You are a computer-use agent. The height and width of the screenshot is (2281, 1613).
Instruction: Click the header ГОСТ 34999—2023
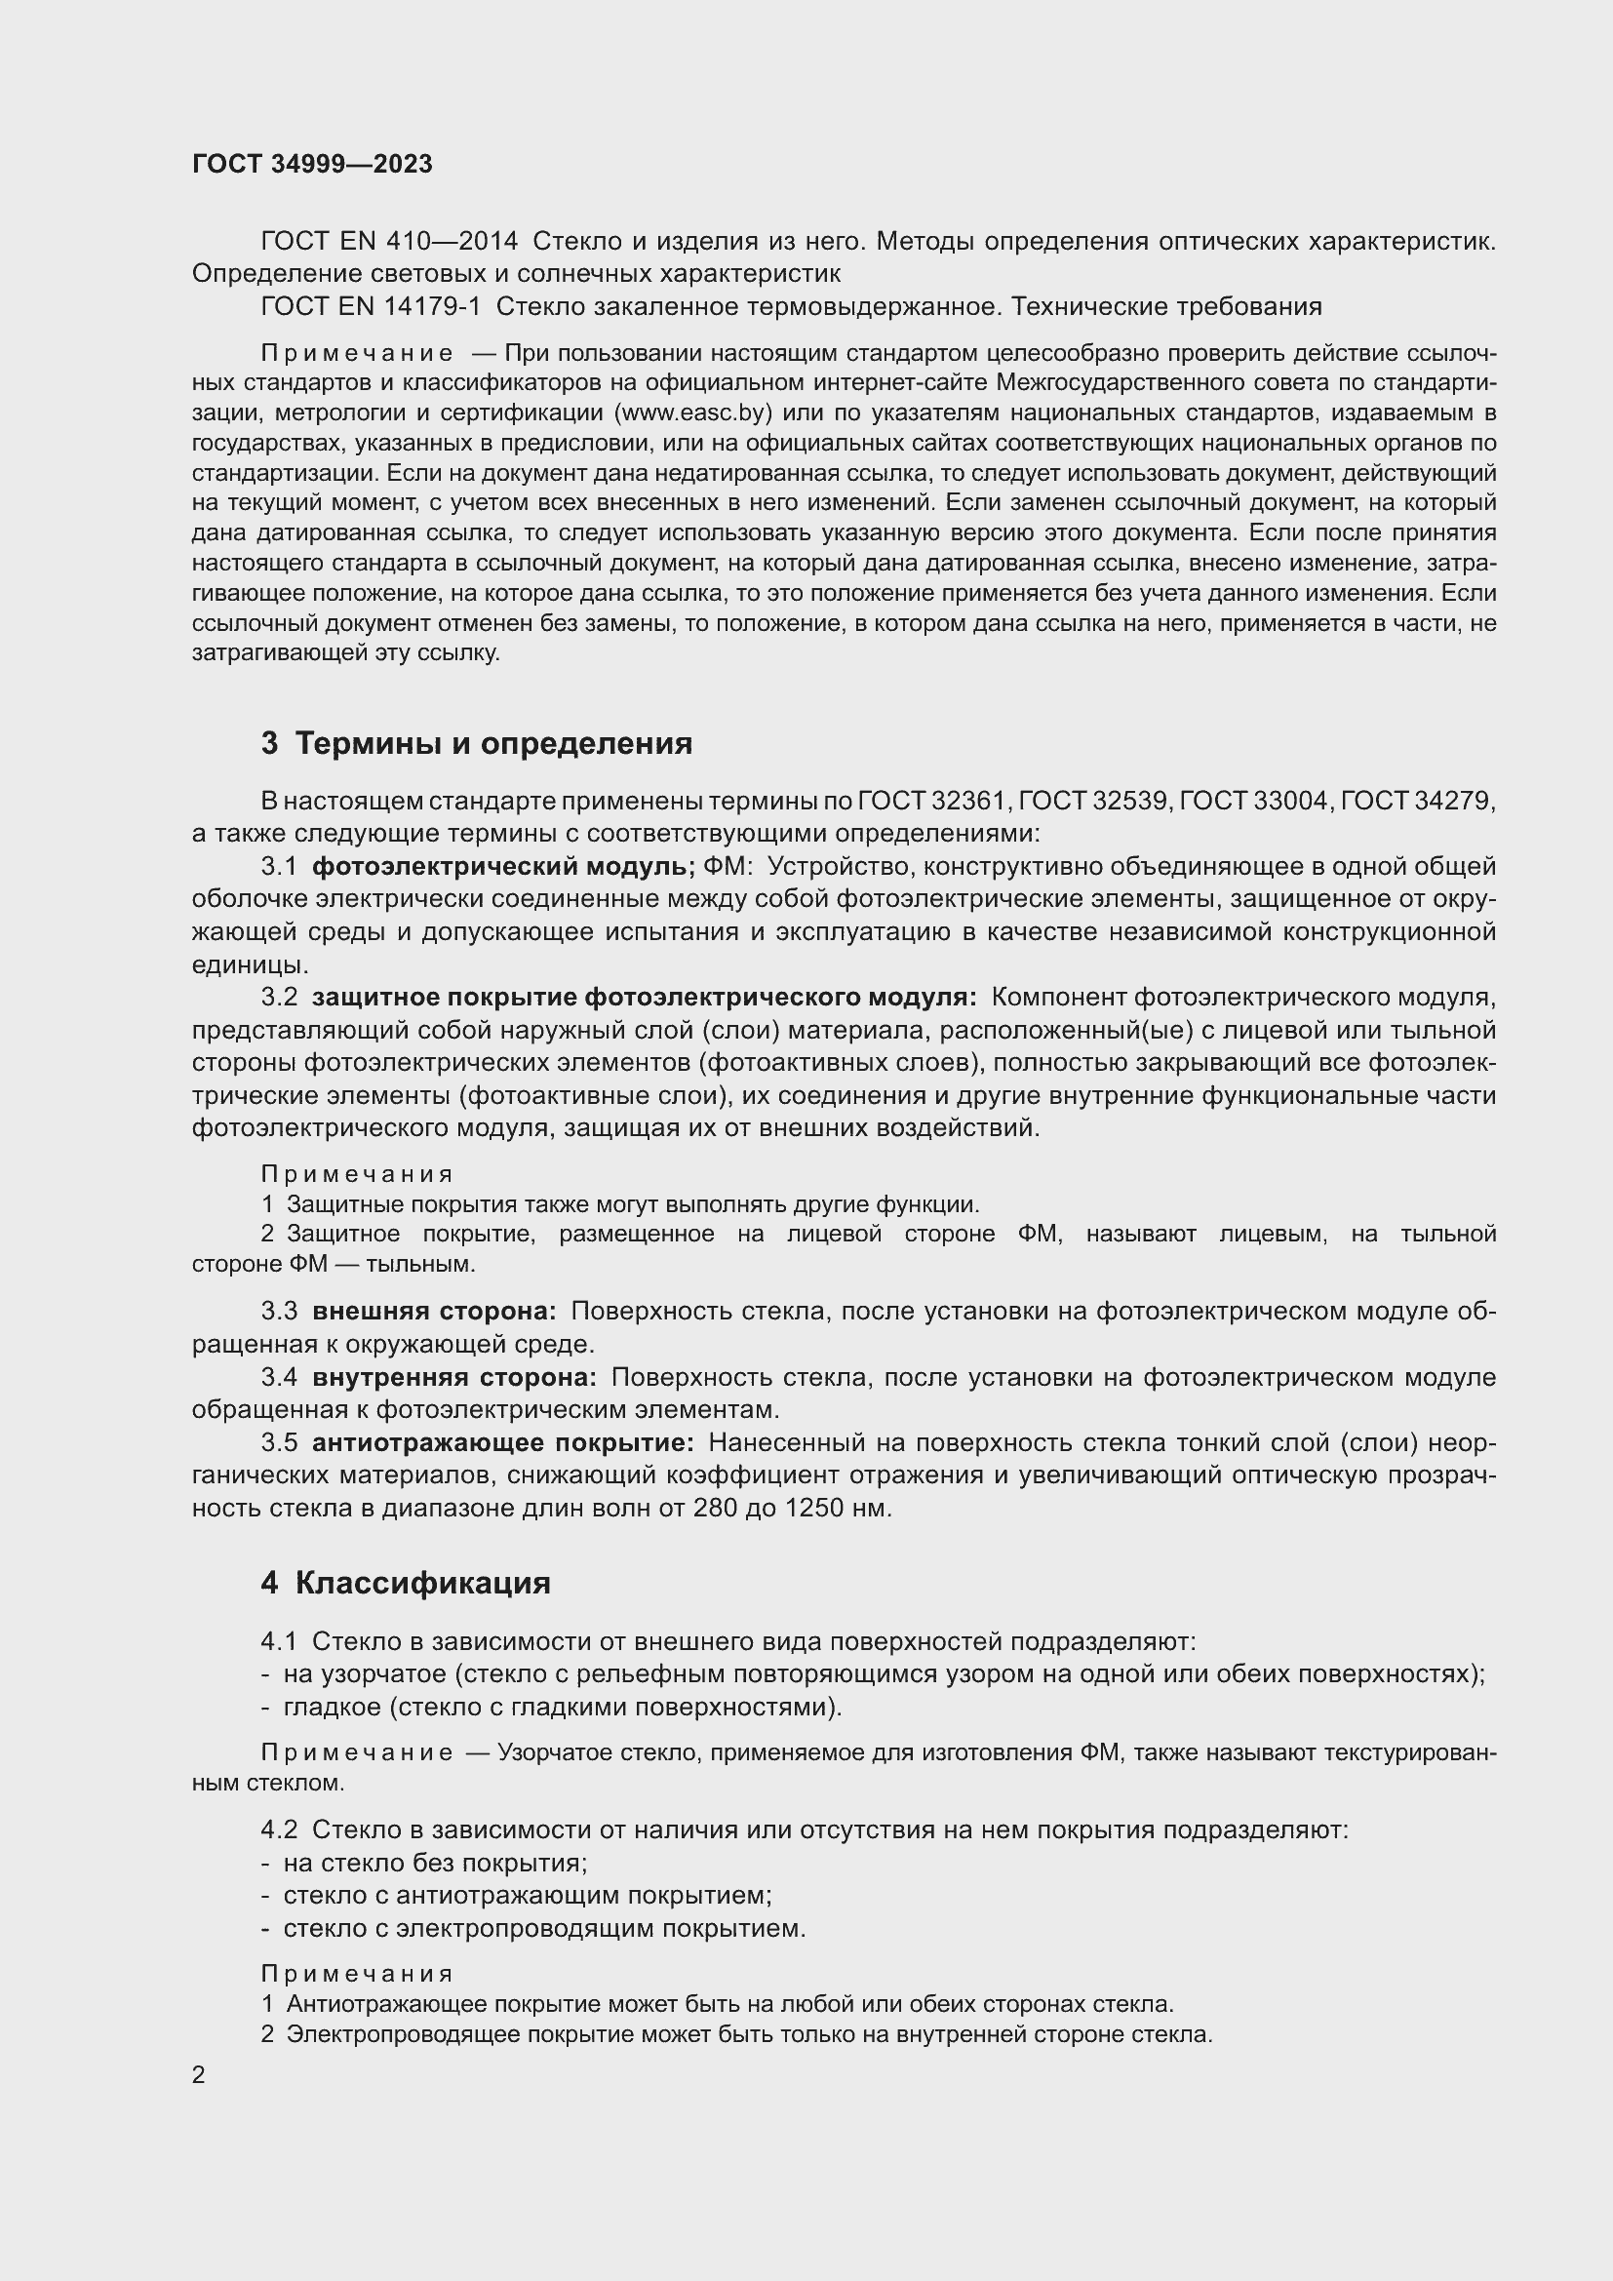pos(312,165)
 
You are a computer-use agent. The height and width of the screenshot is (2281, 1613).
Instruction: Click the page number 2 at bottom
pos(199,2074)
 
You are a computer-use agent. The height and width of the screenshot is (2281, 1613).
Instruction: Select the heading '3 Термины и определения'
pos(477,743)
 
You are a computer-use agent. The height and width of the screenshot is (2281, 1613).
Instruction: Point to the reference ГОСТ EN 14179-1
pos(371,306)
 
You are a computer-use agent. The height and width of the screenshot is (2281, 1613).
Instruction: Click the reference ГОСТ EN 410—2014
pos(388,242)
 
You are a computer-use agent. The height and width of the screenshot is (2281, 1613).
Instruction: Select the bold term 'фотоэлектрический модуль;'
pos(503,866)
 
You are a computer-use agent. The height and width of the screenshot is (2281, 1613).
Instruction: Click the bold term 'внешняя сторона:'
pos(434,1312)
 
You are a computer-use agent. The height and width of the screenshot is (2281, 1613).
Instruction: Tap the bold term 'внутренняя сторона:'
pos(453,1377)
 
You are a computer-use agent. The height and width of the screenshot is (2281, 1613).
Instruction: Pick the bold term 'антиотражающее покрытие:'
pos(502,1442)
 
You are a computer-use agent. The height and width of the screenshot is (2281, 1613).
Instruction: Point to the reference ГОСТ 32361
pos(932,801)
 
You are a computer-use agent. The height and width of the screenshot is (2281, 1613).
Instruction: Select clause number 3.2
pos(279,998)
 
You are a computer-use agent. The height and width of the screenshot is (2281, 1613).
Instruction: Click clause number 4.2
pos(279,1829)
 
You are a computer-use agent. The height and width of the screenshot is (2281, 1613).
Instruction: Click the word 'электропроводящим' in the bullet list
pos(526,1928)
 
